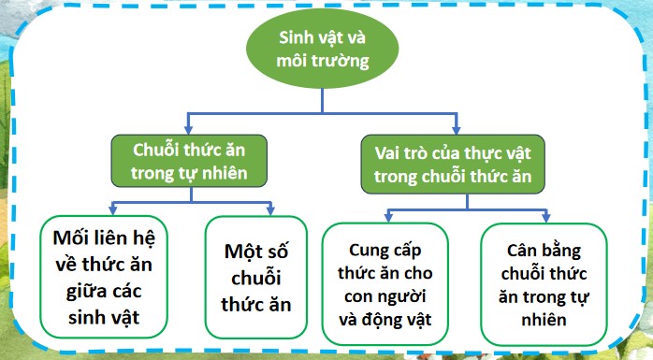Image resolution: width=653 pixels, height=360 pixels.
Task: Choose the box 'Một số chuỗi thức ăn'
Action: [x=255, y=278]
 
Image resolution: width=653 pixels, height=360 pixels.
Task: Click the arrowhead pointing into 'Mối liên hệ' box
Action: [x=112, y=209]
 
